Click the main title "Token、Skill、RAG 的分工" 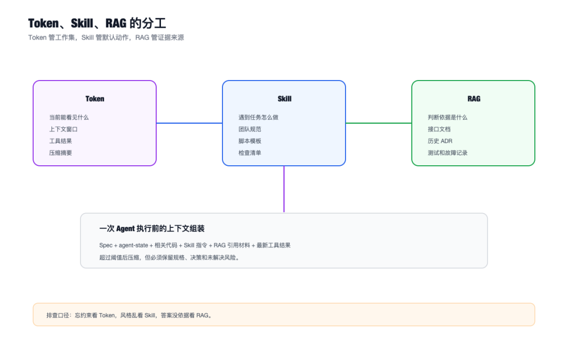pyautogui.click(x=97, y=23)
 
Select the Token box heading pyautogui.click(x=95, y=98)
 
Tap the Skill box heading pyautogui.click(x=285, y=98)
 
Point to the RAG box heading pyautogui.click(x=474, y=98)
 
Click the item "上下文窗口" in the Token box pyautogui.click(x=64, y=129)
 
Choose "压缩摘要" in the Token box pyautogui.click(x=60, y=153)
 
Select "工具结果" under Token pyautogui.click(x=60, y=141)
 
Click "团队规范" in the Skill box pyautogui.click(x=250, y=129)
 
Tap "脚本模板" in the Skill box pyautogui.click(x=250, y=141)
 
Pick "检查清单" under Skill pyautogui.click(x=250, y=153)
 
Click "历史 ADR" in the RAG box pyautogui.click(x=440, y=141)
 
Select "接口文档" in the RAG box pyautogui.click(x=439, y=129)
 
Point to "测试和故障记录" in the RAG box pyautogui.click(x=448, y=153)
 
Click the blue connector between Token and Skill pyautogui.click(x=189, y=123)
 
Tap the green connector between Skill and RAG pyautogui.click(x=379, y=123)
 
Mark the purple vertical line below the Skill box pyautogui.click(x=284, y=189)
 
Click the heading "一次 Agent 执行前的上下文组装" pyautogui.click(x=152, y=228)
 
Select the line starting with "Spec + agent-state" pyautogui.click(x=195, y=245)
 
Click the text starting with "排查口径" pyautogui.click(x=129, y=315)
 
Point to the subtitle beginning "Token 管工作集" pyautogui.click(x=106, y=37)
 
